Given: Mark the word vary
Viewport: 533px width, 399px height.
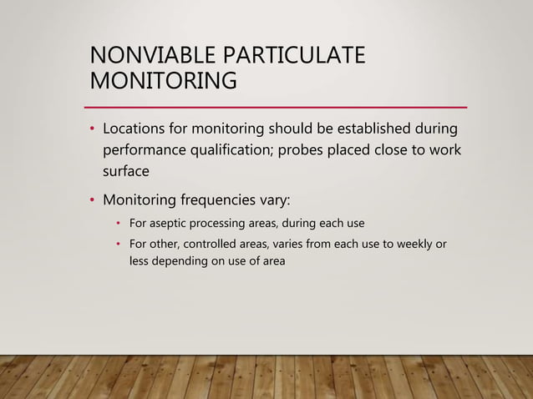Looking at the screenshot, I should tap(272, 201).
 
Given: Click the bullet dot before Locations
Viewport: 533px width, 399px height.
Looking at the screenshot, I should tap(91, 131).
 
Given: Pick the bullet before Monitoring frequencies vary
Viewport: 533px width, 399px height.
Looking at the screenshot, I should tap(91, 201).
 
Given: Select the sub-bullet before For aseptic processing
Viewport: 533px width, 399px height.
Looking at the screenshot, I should tap(119, 224).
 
